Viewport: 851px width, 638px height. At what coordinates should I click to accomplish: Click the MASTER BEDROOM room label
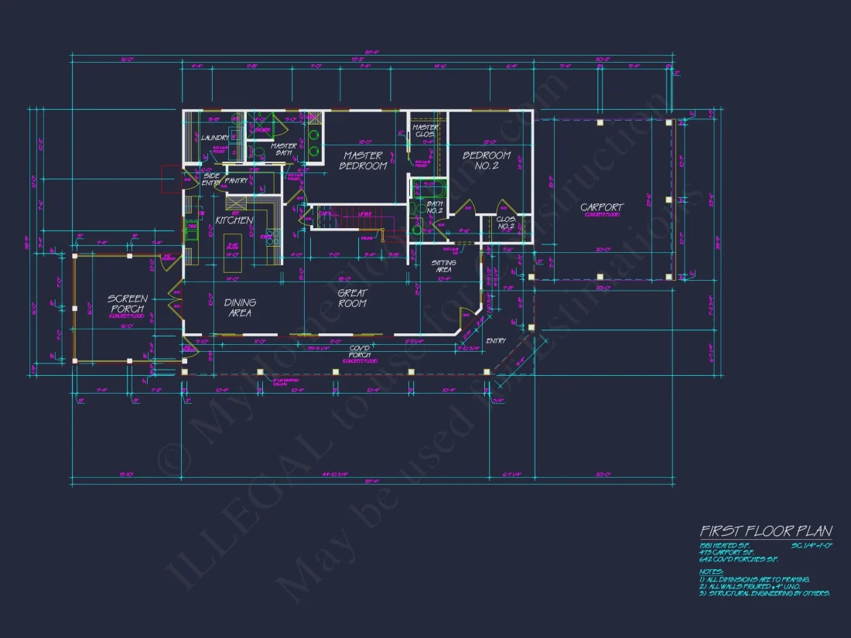click(x=363, y=161)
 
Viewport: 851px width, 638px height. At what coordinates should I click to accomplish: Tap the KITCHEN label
click(x=234, y=220)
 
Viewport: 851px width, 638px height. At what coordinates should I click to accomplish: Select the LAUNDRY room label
click(x=214, y=138)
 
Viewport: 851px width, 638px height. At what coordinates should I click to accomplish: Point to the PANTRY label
click(x=236, y=181)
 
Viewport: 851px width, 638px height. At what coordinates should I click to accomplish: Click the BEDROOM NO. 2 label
click(x=486, y=161)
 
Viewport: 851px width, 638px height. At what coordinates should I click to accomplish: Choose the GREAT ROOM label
click(x=352, y=299)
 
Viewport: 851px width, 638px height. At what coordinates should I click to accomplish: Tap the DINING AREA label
click(x=240, y=308)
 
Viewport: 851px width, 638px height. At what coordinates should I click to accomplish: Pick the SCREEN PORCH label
click(x=128, y=303)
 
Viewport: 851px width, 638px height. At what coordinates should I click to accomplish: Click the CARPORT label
click(x=601, y=207)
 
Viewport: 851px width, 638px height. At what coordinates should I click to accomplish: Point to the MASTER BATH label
click(x=284, y=148)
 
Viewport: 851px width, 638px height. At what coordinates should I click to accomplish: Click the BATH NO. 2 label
click(x=434, y=207)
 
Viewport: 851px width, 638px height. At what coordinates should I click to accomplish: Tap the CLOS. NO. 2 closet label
click(x=505, y=223)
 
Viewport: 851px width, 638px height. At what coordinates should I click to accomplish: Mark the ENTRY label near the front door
click(x=495, y=341)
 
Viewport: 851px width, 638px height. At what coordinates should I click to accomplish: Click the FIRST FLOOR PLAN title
click(x=765, y=531)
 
